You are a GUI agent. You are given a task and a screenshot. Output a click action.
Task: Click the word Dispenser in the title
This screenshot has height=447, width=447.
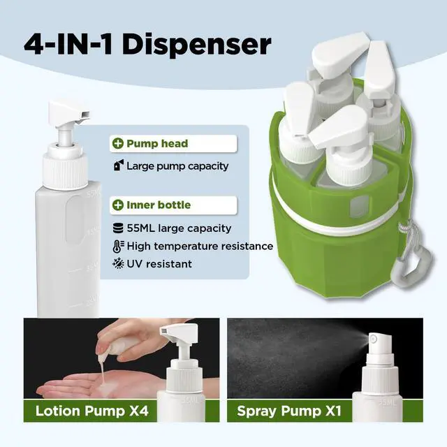pyautogui.click(x=197, y=45)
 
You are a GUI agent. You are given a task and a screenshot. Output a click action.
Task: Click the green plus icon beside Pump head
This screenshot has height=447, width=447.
pyautogui.click(x=118, y=143)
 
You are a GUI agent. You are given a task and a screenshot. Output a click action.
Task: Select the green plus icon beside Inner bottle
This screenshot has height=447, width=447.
pyautogui.click(x=118, y=205)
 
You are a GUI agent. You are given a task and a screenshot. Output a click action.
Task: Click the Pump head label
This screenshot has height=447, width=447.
pyautogui.click(x=157, y=143)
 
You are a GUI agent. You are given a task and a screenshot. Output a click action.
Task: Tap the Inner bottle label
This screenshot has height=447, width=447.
pyautogui.click(x=159, y=205)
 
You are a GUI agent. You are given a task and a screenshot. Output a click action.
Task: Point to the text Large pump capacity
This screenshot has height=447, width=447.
pyautogui.click(x=177, y=166)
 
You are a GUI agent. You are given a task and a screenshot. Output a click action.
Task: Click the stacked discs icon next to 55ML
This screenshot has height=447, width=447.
pyautogui.click(x=118, y=228)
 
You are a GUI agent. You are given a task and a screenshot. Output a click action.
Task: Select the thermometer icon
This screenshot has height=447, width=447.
pyautogui.click(x=118, y=247)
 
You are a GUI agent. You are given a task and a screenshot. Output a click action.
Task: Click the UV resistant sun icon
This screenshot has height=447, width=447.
pyautogui.click(x=118, y=264)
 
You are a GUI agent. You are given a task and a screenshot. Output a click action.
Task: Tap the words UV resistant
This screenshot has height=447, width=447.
pyautogui.click(x=159, y=264)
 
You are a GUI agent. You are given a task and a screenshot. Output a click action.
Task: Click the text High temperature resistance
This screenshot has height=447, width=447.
pyautogui.click(x=200, y=247)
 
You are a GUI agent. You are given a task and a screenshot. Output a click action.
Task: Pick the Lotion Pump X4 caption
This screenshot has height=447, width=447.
pyautogui.click(x=91, y=411)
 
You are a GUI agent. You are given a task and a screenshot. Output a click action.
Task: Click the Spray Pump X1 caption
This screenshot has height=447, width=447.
pyautogui.click(x=289, y=411)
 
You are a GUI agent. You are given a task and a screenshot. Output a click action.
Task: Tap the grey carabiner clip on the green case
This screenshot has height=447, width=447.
pyautogui.click(x=411, y=264)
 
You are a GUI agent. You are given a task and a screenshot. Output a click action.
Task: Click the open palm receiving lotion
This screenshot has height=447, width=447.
pyautogui.click(x=94, y=384)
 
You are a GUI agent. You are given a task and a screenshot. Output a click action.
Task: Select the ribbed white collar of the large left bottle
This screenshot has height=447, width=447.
pyautogui.click(x=65, y=171)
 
